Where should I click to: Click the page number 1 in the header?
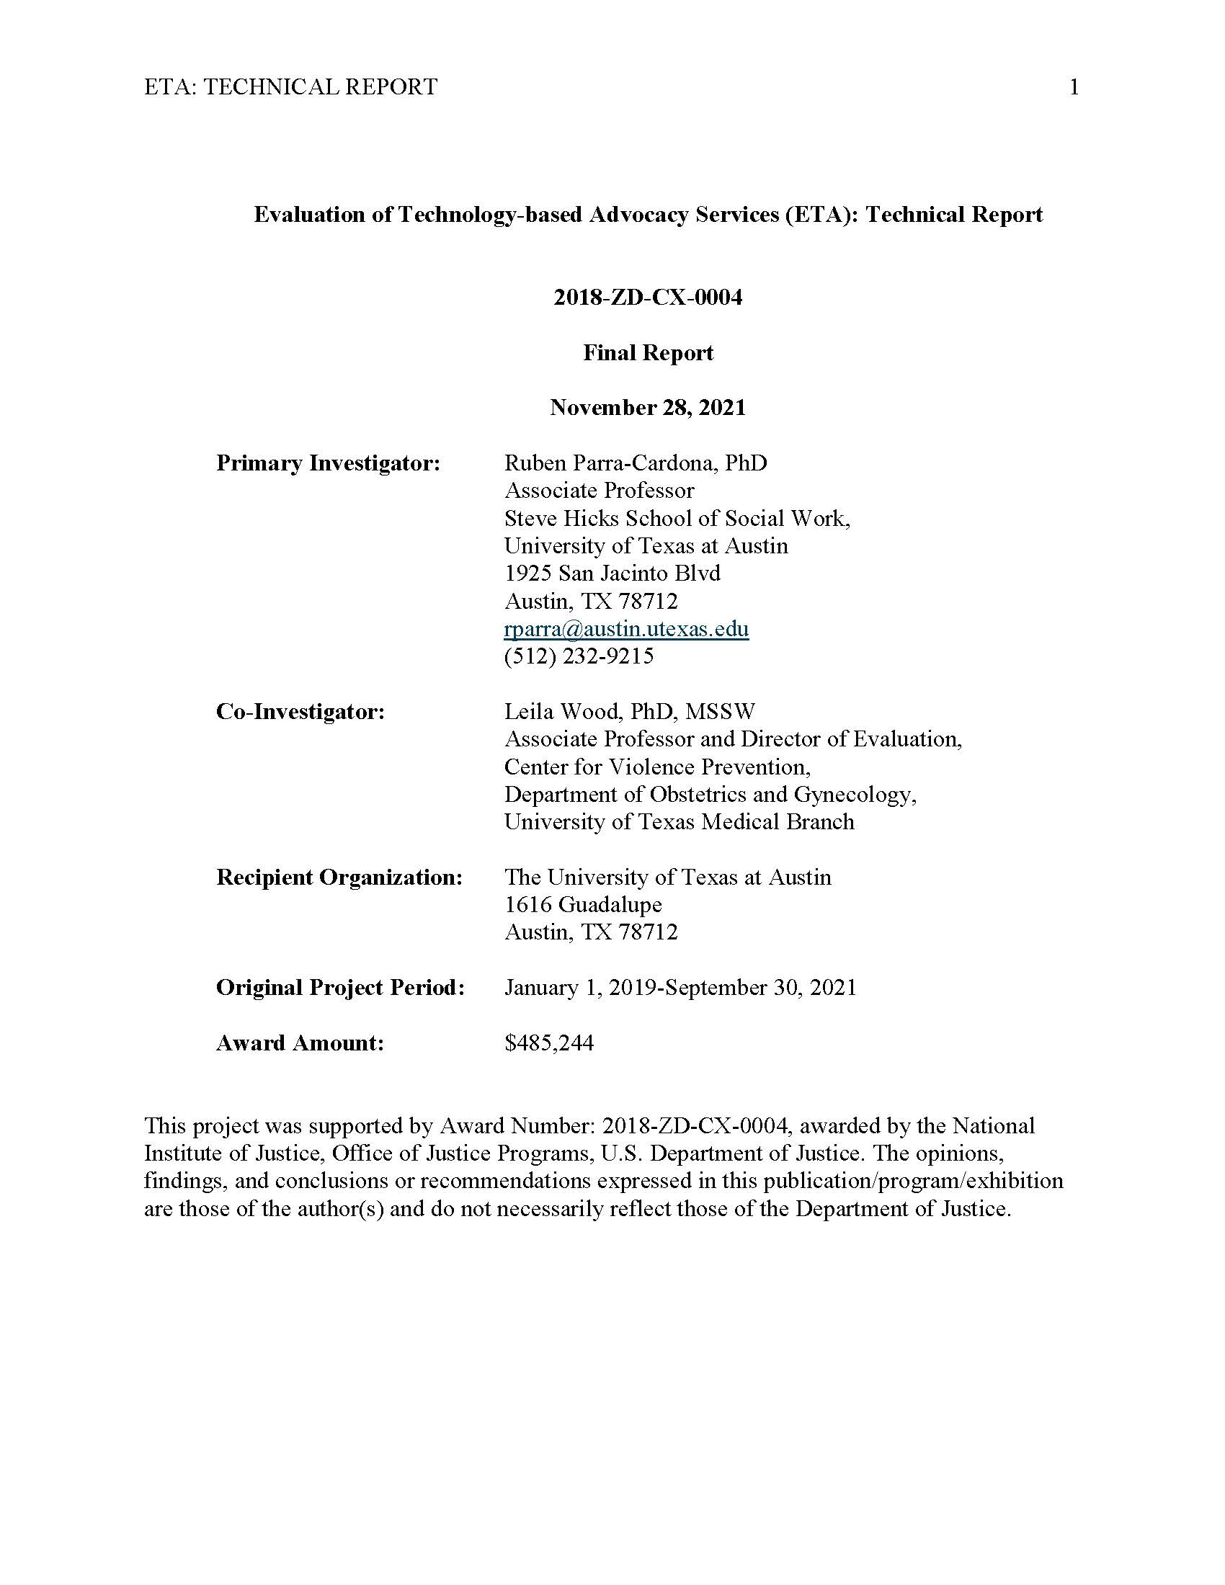pyautogui.click(x=1074, y=88)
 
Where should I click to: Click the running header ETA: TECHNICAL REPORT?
pyautogui.click(x=290, y=87)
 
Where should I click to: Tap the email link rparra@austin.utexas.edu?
pyautogui.click(x=626, y=628)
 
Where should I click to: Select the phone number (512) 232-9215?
pyautogui.click(x=579, y=656)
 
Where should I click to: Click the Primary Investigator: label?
pyautogui.click(x=328, y=463)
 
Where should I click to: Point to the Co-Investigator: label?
pyautogui.click(x=300, y=711)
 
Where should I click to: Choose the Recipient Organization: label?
pyautogui.click(x=339, y=877)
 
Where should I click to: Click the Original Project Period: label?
pyautogui.click(x=339, y=987)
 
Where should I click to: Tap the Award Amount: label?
pyautogui.click(x=300, y=1043)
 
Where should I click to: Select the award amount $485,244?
pyautogui.click(x=548, y=1043)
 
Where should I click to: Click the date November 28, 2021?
pyautogui.click(x=647, y=407)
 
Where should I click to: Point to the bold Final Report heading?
pyautogui.click(x=648, y=353)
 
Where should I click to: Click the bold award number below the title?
pyautogui.click(x=648, y=298)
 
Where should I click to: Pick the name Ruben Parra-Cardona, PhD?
pyautogui.click(x=636, y=463)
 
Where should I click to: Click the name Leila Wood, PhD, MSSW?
pyautogui.click(x=629, y=711)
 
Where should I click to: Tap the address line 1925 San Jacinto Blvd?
pyautogui.click(x=612, y=573)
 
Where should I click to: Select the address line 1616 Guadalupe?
pyautogui.click(x=583, y=904)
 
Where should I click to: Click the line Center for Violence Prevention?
pyautogui.click(x=657, y=767)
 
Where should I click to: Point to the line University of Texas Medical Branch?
pyautogui.click(x=680, y=821)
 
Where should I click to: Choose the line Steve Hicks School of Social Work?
pyautogui.click(x=677, y=518)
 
